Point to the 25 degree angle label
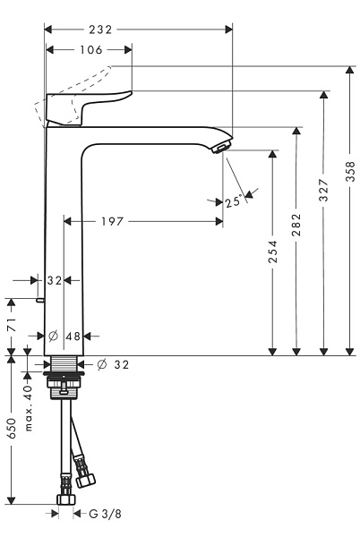click(x=233, y=202)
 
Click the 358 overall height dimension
click(x=351, y=170)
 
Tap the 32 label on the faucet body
click(x=53, y=280)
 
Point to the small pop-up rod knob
click(x=41, y=302)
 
